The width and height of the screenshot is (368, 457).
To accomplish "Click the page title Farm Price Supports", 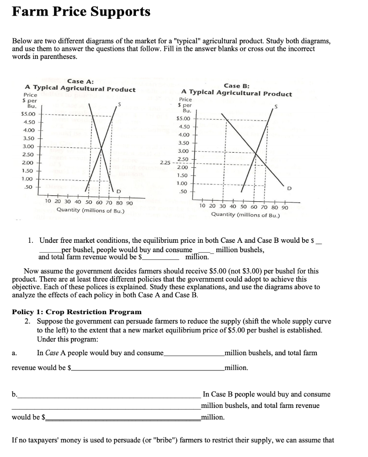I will click(x=81, y=12).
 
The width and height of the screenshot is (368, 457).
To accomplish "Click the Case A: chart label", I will click(x=80, y=81).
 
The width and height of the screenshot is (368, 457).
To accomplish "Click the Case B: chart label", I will click(x=237, y=86).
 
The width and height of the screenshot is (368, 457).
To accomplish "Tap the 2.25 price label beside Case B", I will click(x=166, y=163).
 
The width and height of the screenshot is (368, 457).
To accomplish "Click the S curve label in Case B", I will click(x=276, y=107).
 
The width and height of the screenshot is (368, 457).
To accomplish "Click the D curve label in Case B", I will click(x=289, y=189).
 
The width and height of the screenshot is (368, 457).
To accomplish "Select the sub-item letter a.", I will click(x=15, y=353).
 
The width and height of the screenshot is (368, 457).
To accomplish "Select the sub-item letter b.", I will click(x=15, y=394).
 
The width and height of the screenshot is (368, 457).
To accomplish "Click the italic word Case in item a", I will click(x=52, y=353).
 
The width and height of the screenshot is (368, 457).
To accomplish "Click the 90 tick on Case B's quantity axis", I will click(x=285, y=207).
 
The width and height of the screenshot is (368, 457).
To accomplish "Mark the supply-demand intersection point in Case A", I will click(x=102, y=146).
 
